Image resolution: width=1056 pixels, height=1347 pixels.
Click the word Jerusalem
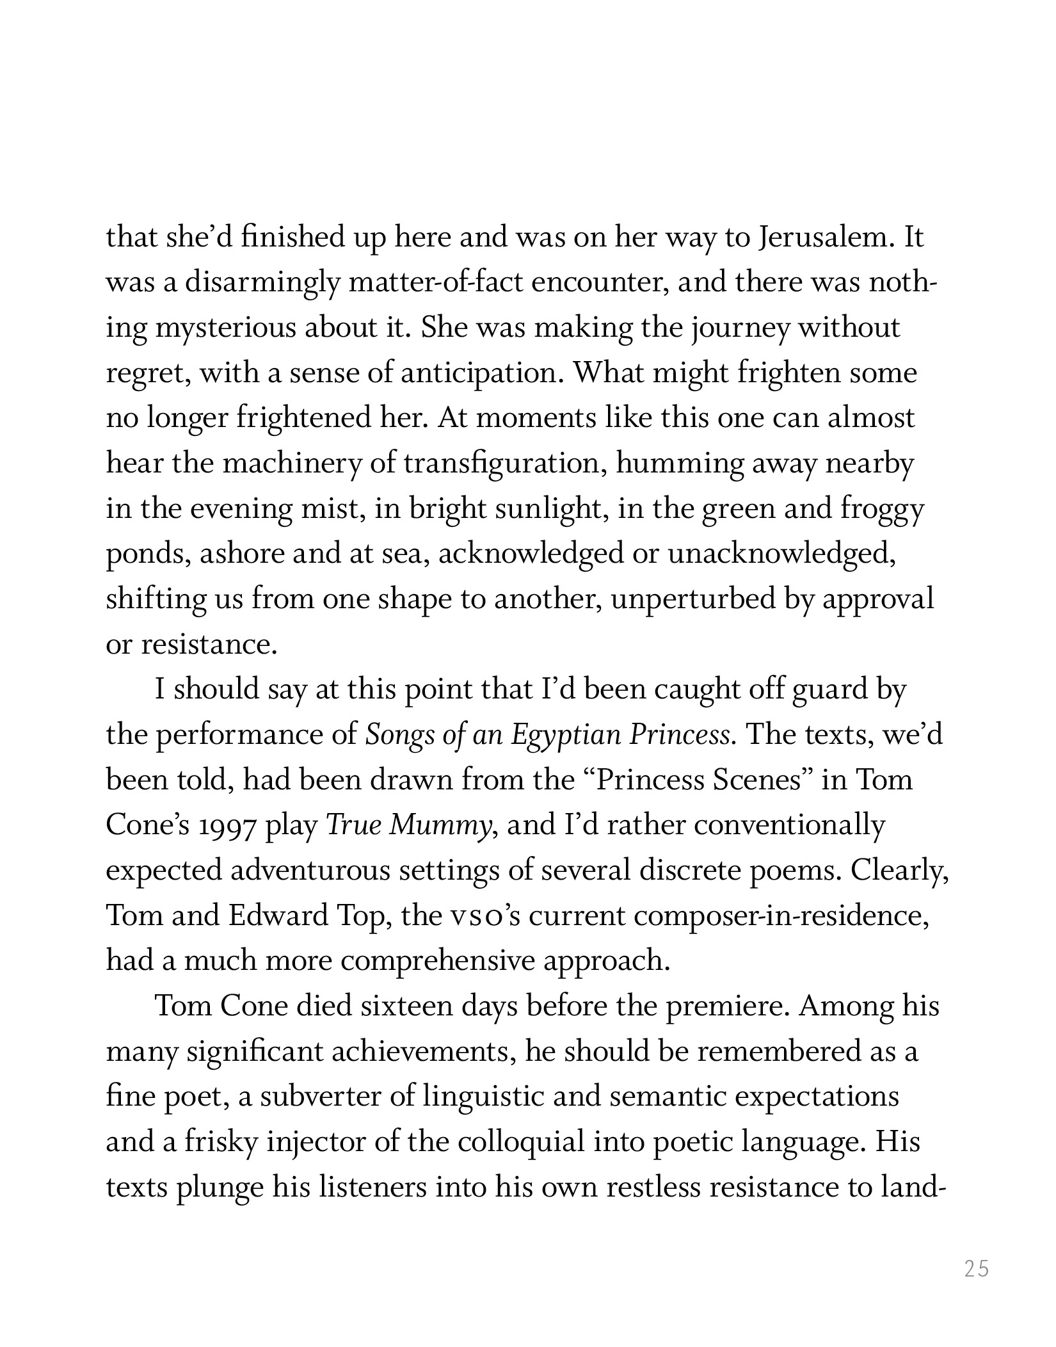click(822, 238)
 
